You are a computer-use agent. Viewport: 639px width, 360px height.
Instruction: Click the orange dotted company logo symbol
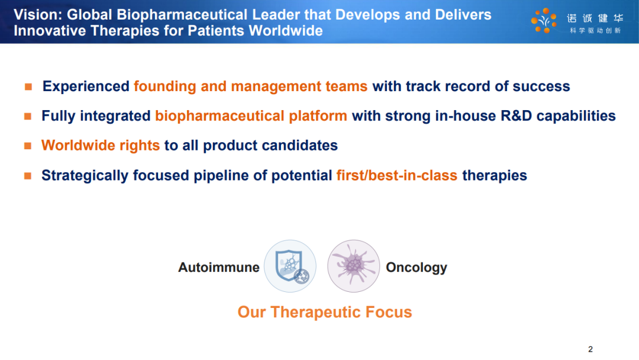click(x=544, y=20)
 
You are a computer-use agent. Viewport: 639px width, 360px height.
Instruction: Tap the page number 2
click(x=590, y=349)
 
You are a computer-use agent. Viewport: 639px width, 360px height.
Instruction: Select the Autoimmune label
click(x=219, y=267)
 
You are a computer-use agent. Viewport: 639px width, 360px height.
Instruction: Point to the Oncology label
click(x=417, y=268)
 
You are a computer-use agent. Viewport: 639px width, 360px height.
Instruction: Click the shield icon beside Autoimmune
click(x=290, y=266)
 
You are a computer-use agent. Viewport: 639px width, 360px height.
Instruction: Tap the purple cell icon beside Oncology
click(x=353, y=266)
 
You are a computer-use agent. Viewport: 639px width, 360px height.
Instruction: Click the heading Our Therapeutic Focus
click(x=325, y=312)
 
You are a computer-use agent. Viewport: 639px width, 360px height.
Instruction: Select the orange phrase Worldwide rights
click(x=100, y=146)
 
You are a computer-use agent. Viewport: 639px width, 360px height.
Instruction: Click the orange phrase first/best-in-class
click(x=397, y=175)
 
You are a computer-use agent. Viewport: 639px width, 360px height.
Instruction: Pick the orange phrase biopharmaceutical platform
click(x=251, y=116)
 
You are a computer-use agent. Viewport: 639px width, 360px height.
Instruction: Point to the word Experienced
click(x=86, y=86)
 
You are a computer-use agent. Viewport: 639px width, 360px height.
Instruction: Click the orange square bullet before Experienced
click(x=28, y=86)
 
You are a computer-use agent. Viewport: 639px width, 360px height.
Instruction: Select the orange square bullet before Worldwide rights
click(x=28, y=146)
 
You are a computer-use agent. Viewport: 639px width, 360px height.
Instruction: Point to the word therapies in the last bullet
click(x=494, y=175)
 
